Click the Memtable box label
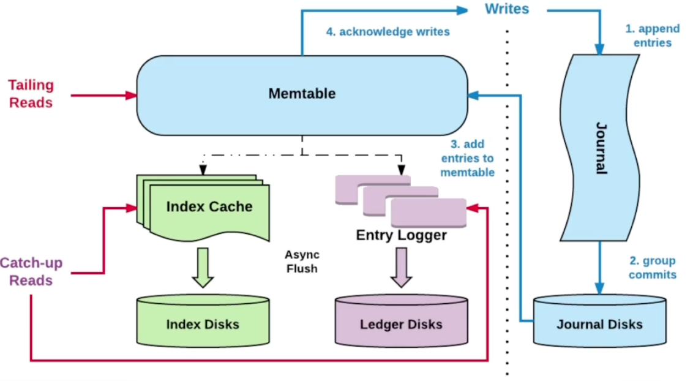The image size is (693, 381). [302, 94]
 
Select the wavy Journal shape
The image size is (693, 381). [600, 147]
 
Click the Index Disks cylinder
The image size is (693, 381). [203, 322]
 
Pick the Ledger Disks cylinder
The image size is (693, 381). [401, 322]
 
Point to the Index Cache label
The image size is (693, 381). [209, 206]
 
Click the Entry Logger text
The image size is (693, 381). [401, 235]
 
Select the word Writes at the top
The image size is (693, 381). [507, 9]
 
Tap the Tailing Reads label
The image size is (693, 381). [31, 94]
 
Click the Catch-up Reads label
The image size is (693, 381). [31, 272]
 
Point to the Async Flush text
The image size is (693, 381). [302, 261]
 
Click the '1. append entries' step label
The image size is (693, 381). [653, 36]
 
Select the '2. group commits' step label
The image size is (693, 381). [653, 268]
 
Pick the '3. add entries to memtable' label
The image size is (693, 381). [467, 158]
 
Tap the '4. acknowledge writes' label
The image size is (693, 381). [388, 31]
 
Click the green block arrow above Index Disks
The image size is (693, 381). [203, 268]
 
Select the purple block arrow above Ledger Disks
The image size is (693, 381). [401, 268]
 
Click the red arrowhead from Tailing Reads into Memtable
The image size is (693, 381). [131, 96]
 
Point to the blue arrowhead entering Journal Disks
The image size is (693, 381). [600, 288]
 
